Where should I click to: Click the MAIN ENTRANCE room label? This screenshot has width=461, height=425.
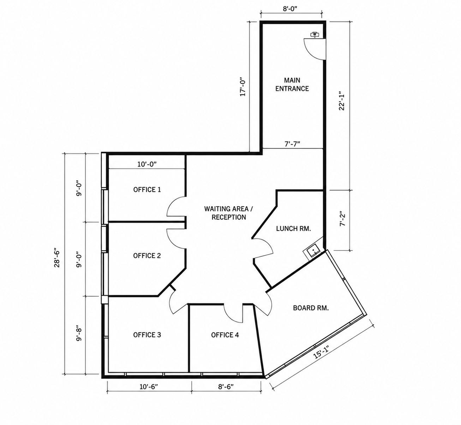(292, 84)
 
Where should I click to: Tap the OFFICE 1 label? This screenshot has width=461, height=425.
(147, 190)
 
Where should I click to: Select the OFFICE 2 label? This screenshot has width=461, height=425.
(147, 256)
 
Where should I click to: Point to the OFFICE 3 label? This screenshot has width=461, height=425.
(147, 335)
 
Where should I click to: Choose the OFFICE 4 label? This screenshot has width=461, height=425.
(225, 335)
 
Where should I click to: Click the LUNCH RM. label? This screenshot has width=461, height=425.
(293, 229)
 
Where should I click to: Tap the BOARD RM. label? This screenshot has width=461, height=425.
(311, 308)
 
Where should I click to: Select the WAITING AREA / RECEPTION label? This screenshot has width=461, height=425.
(229, 213)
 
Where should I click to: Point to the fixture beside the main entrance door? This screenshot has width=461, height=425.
(315, 34)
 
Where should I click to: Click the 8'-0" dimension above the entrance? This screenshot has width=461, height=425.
(290, 8)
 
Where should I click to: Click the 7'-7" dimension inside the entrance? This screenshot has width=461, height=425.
(292, 144)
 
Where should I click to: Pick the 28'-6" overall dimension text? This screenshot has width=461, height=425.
(57, 259)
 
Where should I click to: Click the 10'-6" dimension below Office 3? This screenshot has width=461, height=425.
(149, 387)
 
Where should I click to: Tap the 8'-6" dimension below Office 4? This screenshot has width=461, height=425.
(226, 387)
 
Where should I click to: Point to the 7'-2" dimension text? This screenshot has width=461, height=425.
(343, 219)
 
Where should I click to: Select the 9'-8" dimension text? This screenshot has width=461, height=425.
(79, 333)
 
